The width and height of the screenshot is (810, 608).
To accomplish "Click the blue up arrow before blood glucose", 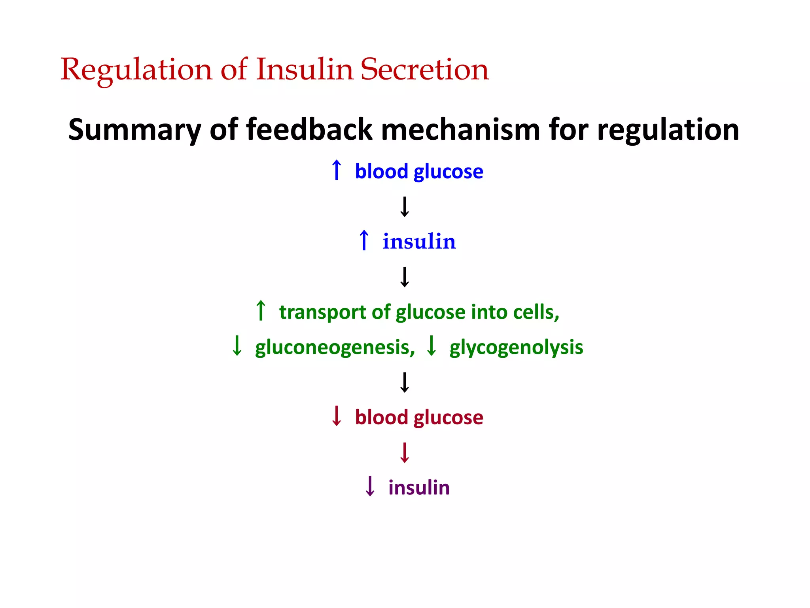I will click(x=337, y=170).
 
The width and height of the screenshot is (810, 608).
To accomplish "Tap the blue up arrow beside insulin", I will click(x=364, y=240).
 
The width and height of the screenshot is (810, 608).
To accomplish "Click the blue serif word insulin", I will click(x=419, y=241).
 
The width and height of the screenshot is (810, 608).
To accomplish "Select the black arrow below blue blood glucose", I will click(x=405, y=207).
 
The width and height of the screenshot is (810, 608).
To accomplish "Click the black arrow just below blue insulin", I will click(x=405, y=277).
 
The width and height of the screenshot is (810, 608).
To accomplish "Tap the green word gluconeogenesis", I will click(x=335, y=347).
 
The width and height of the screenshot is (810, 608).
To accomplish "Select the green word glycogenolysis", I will click(x=516, y=347).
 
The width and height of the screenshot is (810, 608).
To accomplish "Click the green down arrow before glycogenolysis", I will click(x=431, y=346).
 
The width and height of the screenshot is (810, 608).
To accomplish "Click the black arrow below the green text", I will click(x=405, y=382).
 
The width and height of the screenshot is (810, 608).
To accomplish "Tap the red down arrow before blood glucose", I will click(x=337, y=416).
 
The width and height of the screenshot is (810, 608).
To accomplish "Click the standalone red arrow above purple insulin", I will click(x=405, y=452).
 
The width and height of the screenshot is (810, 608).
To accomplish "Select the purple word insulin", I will click(x=419, y=487).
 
